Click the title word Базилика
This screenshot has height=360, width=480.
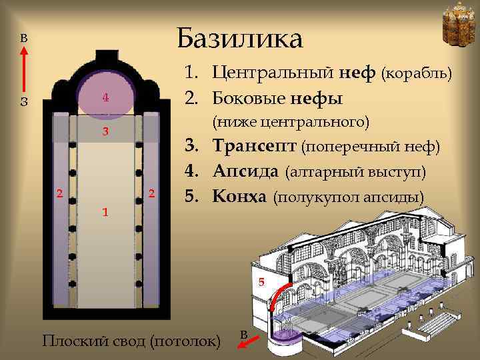pos(240,38)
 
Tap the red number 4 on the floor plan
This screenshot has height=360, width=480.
pos(105,98)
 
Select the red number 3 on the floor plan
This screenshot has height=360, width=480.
pos(105,131)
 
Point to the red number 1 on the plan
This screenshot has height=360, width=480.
pos(105,212)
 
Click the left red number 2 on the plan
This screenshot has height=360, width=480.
pos(59,194)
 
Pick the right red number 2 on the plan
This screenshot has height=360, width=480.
pos(152,194)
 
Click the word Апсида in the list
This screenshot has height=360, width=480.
pos(246,171)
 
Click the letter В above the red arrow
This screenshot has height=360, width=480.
pos(23,38)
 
